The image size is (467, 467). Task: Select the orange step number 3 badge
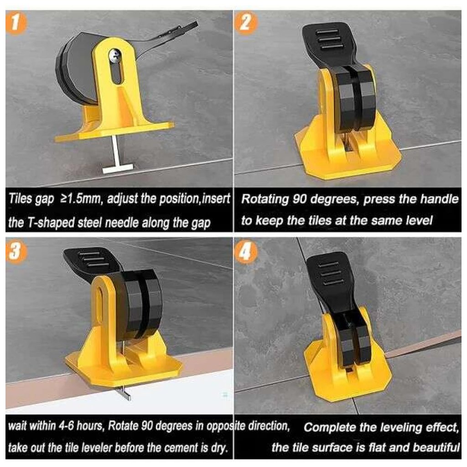pos(16,252)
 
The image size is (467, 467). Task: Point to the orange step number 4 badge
pos(245,252)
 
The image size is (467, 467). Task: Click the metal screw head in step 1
pos(114,54)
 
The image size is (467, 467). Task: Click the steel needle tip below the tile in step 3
pos(125,394)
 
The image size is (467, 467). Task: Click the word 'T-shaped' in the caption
pos(51,222)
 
